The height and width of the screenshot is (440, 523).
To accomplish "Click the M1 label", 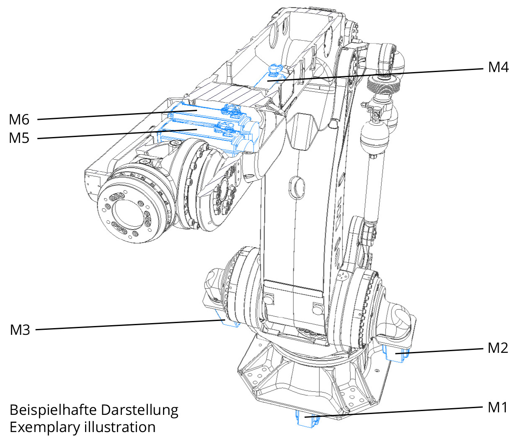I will (x=497, y=407).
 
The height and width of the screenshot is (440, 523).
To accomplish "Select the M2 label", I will (x=497, y=348).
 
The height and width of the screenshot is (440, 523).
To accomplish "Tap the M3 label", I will (x=20, y=330).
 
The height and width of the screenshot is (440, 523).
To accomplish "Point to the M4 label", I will (x=498, y=67).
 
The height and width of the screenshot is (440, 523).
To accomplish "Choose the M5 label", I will (x=19, y=138).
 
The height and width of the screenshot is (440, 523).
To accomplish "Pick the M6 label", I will (x=19, y=120).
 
